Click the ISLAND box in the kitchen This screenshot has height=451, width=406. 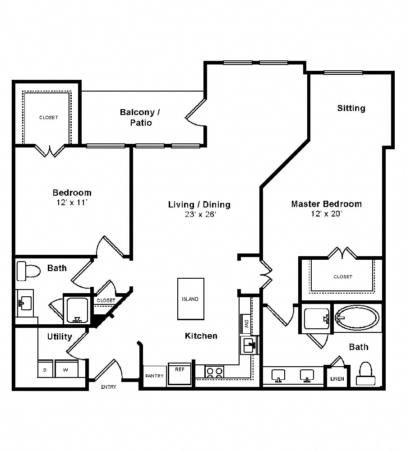(190, 299)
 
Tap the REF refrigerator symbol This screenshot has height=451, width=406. (180, 373)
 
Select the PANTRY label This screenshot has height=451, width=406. (154, 376)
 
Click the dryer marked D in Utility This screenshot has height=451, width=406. (45, 369)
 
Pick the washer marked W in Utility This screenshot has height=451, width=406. (66, 369)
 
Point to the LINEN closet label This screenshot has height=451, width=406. (337, 378)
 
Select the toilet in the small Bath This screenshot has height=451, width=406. (28, 271)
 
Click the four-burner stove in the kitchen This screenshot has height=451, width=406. (215, 372)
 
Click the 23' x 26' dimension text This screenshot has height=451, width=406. (199, 215)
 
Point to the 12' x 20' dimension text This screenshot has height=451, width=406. (326, 214)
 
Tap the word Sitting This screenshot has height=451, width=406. (351, 108)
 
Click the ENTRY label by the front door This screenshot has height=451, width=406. (108, 387)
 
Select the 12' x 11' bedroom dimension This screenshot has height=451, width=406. (71, 202)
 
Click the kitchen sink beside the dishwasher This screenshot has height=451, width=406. (249, 345)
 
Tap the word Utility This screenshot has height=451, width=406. (60, 336)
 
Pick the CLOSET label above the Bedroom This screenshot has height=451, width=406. (49, 117)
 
